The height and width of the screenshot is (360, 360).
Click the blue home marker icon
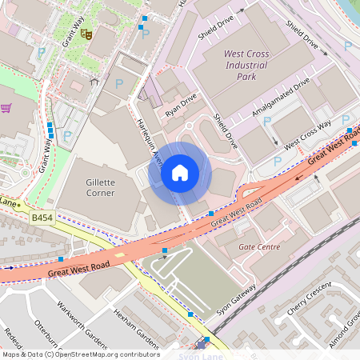[x=180, y=172]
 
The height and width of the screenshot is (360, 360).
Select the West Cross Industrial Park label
[x=246, y=66]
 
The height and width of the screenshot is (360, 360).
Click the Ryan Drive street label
[x=180, y=106]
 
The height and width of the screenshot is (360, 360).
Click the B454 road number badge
[x=42, y=217]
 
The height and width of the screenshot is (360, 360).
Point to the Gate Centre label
[x=259, y=247]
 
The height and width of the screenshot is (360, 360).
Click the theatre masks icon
[x=86, y=34]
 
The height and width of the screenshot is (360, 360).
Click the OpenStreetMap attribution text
[x=80, y=354]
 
